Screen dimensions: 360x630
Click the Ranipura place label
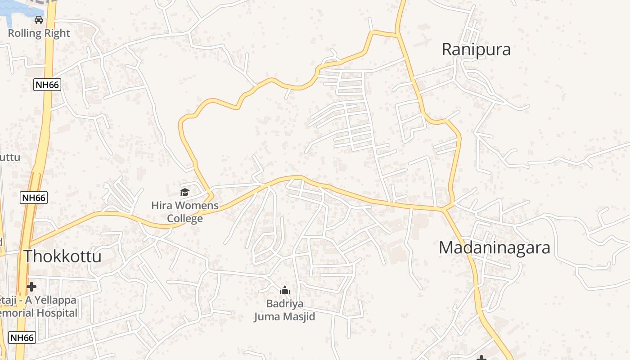[x=476, y=49]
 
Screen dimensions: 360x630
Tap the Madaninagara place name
[x=494, y=247]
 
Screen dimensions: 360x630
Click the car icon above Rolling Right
[x=39, y=20]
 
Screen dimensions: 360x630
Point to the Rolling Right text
[x=39, y=33]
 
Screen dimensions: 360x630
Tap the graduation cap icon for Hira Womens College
[x=184, y=193]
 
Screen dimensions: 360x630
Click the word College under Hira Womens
[x=185, y=219]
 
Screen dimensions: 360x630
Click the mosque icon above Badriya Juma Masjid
[x=284, y=291]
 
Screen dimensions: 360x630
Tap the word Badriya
[x=284, y=303]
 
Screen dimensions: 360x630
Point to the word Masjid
[x=299, y=317]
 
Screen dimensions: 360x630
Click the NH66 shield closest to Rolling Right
[x=47, y=85]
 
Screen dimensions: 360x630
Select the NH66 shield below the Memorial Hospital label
[x=22, y=337]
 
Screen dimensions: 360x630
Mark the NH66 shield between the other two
[x=34, y=198]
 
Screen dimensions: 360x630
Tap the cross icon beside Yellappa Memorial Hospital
[x=31, y=286]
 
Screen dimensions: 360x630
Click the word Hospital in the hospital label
[x=57, y=313]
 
